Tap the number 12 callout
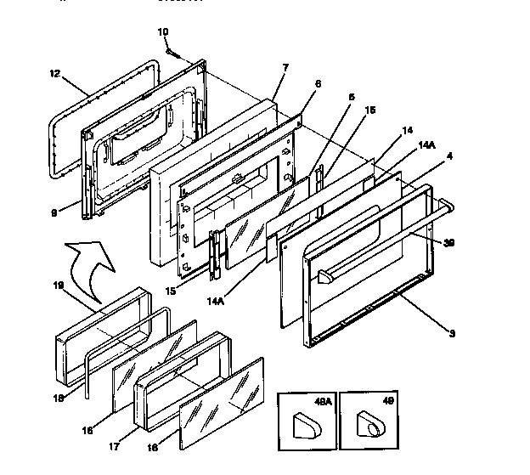[x=54, y=74]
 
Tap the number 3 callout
[x=452, y=333]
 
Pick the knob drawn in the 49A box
[x=304, y=422]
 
